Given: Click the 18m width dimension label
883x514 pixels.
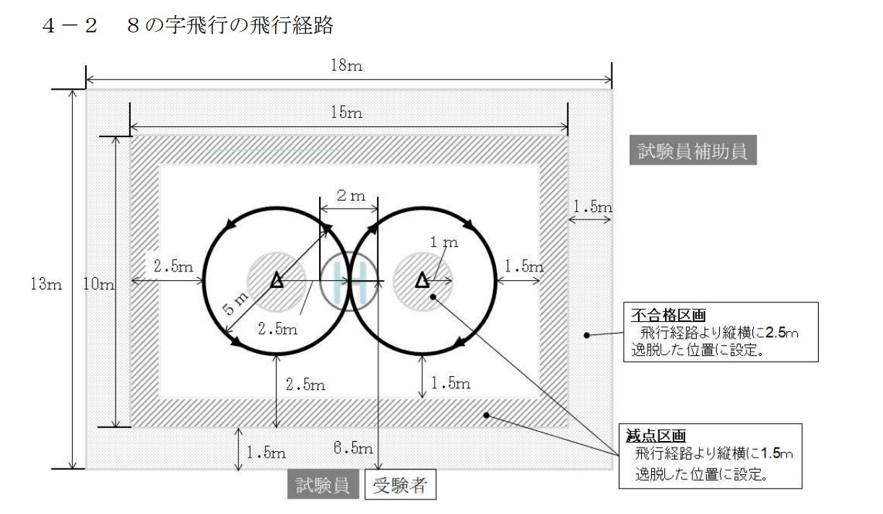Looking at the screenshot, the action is point(347,66).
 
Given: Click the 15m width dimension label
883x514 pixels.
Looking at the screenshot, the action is point(347,113).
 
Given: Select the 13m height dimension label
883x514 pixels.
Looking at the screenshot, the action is point(46,284).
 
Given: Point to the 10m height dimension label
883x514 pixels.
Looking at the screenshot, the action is point(98,284).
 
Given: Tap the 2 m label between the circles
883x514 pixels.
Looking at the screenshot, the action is point(351,196).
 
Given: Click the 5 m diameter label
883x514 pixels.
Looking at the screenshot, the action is point(235,303).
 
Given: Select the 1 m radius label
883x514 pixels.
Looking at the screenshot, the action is point(444,242).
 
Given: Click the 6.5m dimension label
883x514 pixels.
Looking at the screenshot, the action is point(353,448).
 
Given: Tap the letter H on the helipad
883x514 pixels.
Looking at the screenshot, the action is point(349,281).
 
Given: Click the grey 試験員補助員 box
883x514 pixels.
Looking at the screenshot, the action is point(692,150).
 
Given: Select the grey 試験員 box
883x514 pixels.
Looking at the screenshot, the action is point(323,484).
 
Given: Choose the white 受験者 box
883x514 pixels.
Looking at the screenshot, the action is point(400,484).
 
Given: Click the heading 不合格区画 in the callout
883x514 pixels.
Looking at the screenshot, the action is point(668,315).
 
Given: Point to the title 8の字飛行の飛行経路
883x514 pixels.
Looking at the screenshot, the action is point(230,25).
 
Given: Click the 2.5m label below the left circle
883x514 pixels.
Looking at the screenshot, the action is point(305,384).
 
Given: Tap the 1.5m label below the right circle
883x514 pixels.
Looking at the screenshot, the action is point(451,383).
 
